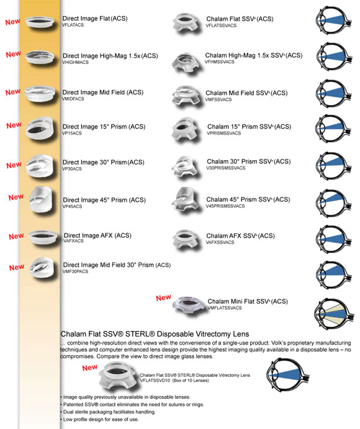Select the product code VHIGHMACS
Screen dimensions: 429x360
point(78,63)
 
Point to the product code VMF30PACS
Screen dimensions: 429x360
point(79,271)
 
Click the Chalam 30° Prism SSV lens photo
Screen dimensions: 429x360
point(188,166)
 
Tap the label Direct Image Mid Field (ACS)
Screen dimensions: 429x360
point(102,93)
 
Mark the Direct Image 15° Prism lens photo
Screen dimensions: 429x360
point(43,130)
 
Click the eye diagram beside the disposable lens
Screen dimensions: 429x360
point(288,377)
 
